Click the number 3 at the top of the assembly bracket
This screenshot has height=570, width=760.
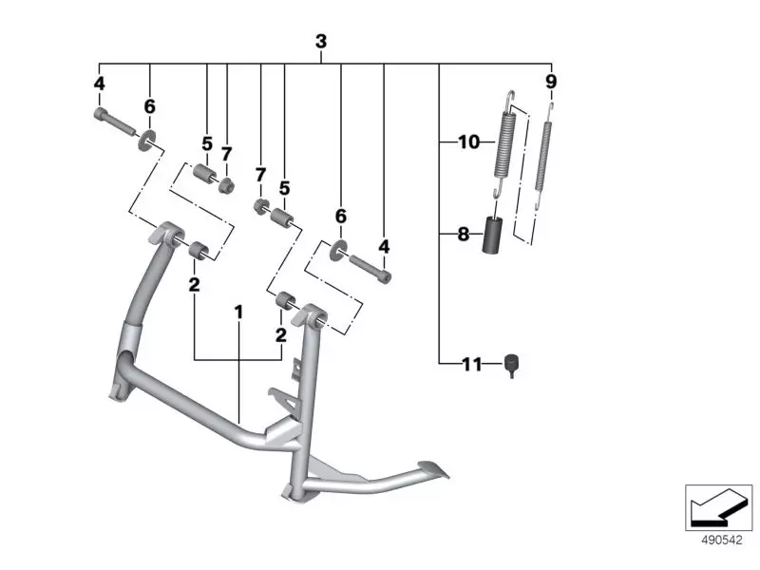pos(321,42)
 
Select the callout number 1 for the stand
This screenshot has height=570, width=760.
pos(239,312)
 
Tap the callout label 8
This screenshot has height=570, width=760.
pos(464,234)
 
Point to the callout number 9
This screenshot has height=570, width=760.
pos(551,82)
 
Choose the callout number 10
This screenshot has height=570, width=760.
pos(469,143)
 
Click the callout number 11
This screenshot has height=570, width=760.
pos(472,364)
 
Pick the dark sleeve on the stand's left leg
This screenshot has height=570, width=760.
pos(130,337)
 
